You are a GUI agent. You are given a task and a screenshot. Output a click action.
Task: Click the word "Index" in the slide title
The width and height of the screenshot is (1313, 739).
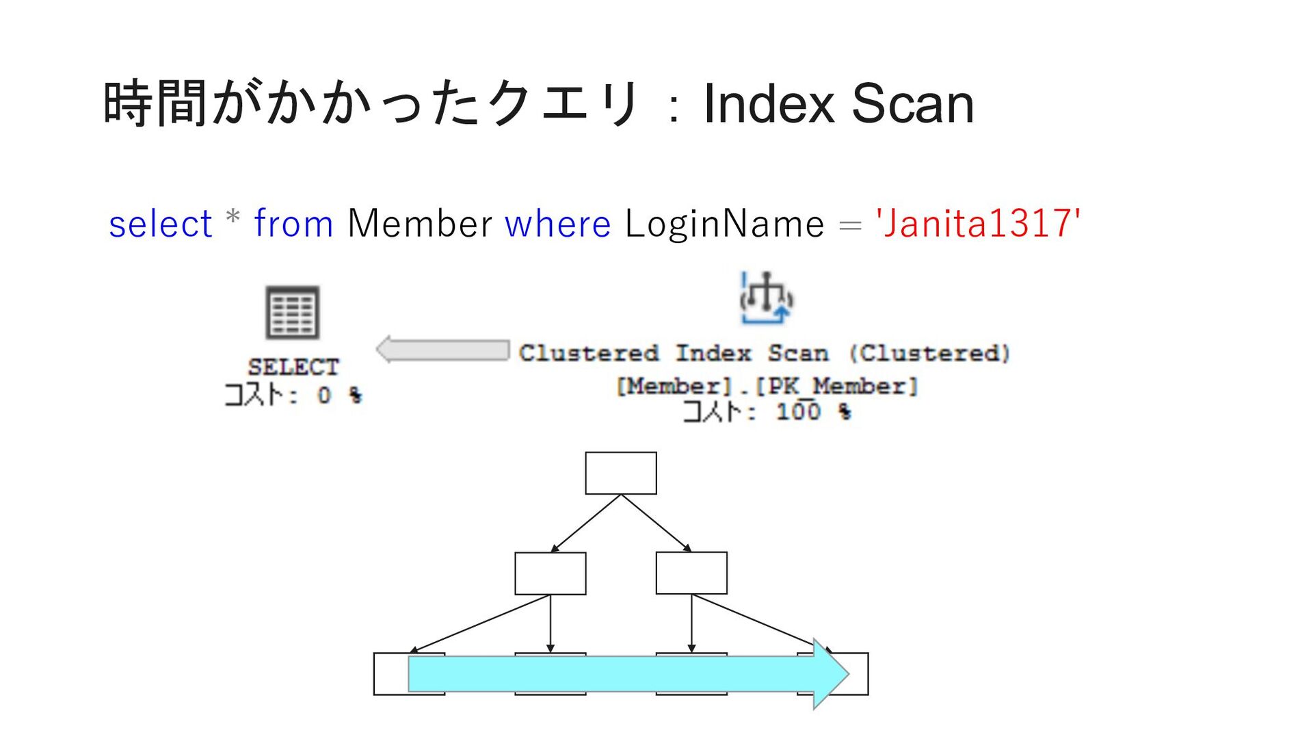click(x=769, y=103)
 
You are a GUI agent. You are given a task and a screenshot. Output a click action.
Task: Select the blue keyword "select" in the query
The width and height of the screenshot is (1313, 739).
click(x=161, y=224)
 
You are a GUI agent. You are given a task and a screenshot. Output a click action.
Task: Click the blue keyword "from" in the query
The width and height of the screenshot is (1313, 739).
click(x=293, y=224)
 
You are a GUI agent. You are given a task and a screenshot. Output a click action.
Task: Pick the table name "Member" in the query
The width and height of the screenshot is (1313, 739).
click(x=419, y=224)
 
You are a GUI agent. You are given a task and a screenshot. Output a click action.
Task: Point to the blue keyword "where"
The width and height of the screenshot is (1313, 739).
click(x=557, y=224)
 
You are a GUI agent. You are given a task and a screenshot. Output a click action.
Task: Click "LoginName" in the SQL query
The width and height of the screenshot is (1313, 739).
click(x=724, y=224)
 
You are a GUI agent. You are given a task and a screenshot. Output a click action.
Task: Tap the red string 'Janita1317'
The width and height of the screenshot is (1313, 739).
click(x=978, y=224)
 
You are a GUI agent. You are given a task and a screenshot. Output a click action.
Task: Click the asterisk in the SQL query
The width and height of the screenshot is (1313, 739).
click(x=233, y=218)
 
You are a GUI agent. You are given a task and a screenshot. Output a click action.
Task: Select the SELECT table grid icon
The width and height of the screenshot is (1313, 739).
click(x=292, y=313)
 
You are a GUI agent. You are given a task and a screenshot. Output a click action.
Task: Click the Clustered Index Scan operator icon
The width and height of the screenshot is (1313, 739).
click(x=766, y=299)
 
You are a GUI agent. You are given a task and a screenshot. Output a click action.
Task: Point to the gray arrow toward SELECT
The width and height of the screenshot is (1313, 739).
click(x=443, y=350)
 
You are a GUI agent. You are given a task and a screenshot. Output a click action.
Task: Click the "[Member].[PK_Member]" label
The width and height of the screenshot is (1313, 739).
click(x=766, y=386)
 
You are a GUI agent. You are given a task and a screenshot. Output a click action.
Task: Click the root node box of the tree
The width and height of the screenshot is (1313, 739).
click(x=620, y=473)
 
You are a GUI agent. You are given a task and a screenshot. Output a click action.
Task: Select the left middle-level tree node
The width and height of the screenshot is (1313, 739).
click(x=550, y=573)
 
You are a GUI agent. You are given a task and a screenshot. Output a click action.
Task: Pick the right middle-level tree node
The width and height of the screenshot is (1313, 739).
click(x=691, y=573)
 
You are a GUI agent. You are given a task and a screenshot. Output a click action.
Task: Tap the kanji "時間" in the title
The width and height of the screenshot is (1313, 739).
click(x=155, y=103)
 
